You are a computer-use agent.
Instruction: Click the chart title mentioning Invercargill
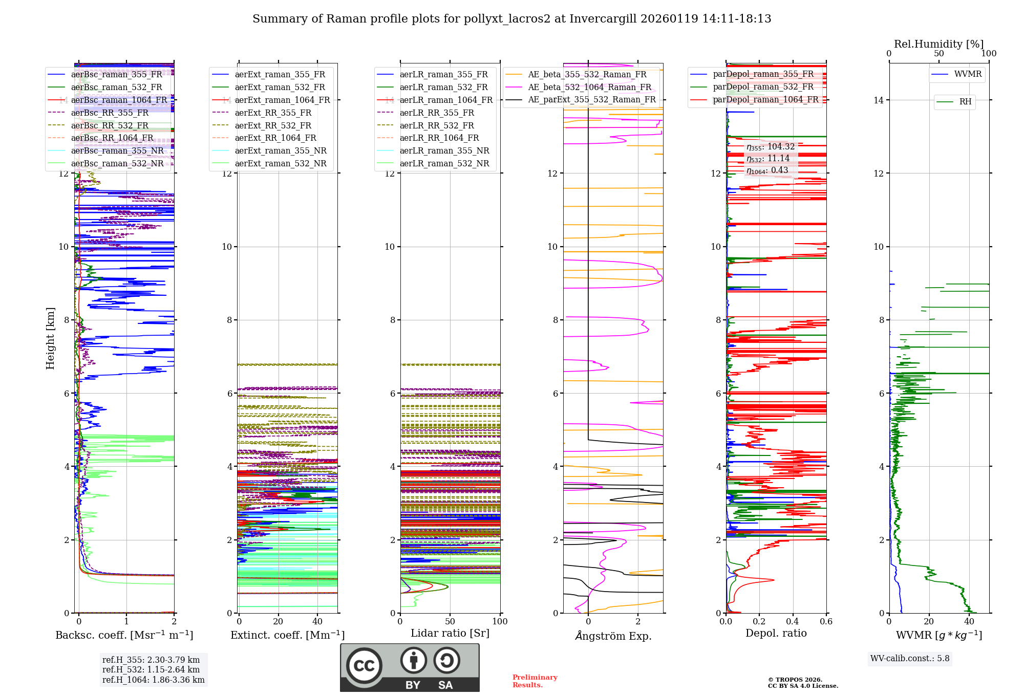tap(511, 19)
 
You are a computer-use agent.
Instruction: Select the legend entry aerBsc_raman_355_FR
tap(116, 74)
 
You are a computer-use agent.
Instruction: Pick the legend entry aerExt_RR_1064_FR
tap(275, 138)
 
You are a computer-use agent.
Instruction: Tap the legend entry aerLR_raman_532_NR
tap(444, 164)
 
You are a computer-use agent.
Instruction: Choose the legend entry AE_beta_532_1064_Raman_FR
tap(589, 88)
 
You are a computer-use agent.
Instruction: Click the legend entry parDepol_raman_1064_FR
tap(765, 100)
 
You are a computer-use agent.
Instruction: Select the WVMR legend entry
tap(967, 74)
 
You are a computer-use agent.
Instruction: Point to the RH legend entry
tap(965, 102)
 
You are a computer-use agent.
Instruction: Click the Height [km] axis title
tap(50, 338)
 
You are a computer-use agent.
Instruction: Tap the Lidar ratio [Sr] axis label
tap(450, 633)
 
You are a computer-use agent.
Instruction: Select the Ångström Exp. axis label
tap(613, 636)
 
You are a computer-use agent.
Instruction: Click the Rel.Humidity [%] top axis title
tap(938, 44)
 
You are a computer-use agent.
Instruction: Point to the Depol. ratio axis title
tap(776, 633)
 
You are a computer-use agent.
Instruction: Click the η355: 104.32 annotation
tap(770, 147)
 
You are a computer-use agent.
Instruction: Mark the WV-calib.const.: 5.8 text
tap(909, 659)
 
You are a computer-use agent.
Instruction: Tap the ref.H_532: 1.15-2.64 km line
tap(151, 669)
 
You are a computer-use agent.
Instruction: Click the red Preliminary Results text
tap(535, 681)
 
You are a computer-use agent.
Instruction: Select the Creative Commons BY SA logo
tap(410, 667)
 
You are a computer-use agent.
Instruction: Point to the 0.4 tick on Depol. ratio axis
tap(793, 622)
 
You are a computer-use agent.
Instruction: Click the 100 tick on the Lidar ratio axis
tap(500, 622)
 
